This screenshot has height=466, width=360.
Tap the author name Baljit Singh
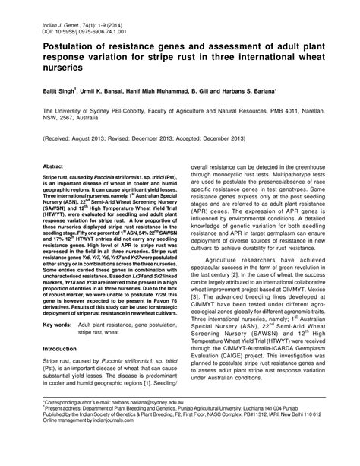[64, 90]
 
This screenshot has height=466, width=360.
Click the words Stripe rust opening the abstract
[58, 175]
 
